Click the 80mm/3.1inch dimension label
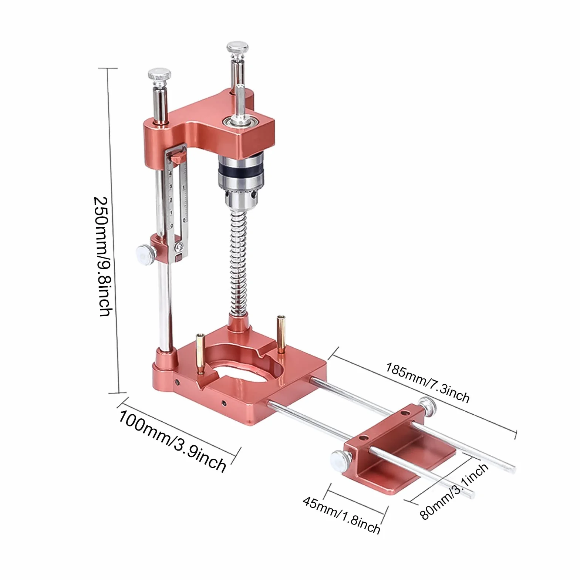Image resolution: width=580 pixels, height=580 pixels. [454, 492]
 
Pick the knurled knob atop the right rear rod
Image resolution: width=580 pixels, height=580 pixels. [237, 48]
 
